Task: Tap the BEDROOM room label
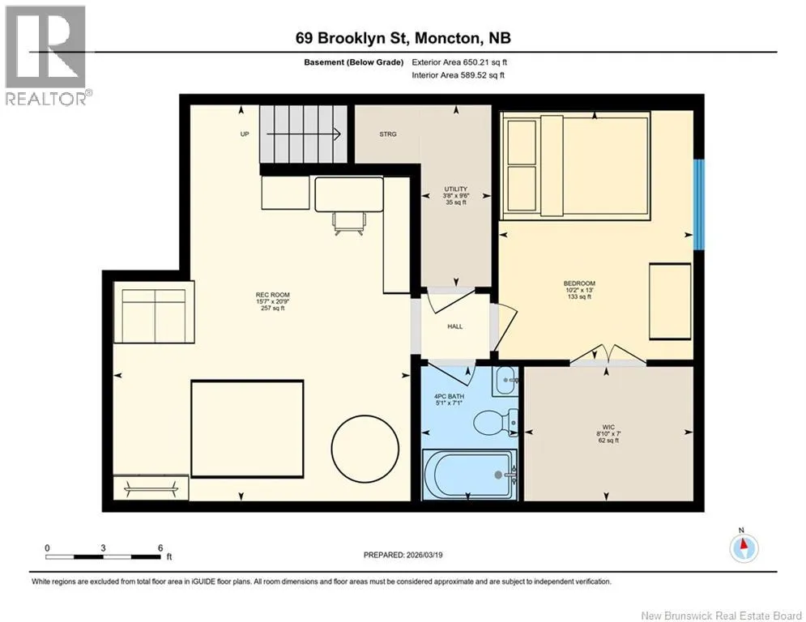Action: (x=579, y=283)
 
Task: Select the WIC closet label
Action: (x=608, y=427)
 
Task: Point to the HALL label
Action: (x=455, y=326)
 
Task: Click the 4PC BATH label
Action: (x=449, y=396)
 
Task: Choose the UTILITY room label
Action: (x=456, y=190)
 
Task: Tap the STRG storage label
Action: (x=388, y=134)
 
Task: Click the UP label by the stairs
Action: (x=245, y=134)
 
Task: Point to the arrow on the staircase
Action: (x=304, y=134)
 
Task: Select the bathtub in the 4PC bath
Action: (x=470, y=474)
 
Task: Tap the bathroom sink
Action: (x=505, y=381)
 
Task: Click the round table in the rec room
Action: (x=365, y=448)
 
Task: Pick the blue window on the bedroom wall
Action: (x=698, y=204)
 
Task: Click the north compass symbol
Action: (x=744, y=548)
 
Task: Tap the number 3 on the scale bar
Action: (x=104, y=548)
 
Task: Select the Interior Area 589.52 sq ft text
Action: (x=458, y=75)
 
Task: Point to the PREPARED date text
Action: (x=403, y=555)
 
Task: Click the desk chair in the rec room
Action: (x=350, y=224)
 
